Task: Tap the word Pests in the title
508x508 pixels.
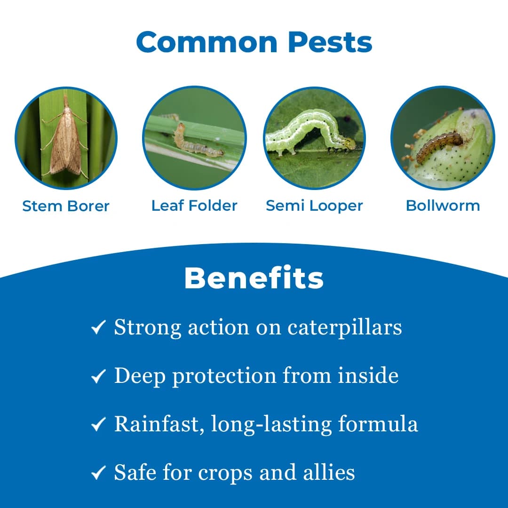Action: click(330, 42)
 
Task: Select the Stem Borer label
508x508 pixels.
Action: click(66, 206)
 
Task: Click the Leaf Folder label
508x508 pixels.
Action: click(194, 206)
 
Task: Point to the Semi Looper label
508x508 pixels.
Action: click(314, 206)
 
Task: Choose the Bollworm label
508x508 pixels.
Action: click(443, 206)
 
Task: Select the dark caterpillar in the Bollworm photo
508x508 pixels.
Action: click(439, 146)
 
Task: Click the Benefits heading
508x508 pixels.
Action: click(254, 278)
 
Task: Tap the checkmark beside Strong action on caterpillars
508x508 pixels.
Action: click(98, 328)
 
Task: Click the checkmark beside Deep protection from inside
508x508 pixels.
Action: click(98, 376)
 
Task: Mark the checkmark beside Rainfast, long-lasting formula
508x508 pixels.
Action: click(98, 425)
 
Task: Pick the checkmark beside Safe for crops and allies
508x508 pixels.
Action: click(98, 473)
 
